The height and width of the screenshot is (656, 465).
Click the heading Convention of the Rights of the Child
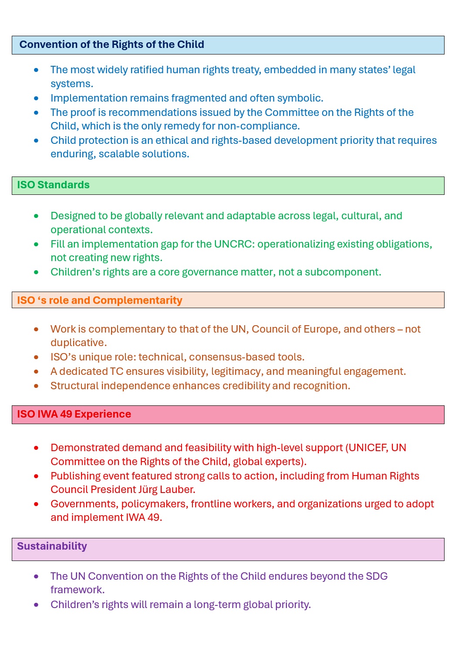(x=111, y=44)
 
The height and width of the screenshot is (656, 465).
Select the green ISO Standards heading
(x=53, y=185)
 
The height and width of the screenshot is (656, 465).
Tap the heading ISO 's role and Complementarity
(x=99, y=300)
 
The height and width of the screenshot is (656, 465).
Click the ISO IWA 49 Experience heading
(x=74, y=414)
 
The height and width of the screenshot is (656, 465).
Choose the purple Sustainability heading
(x=52, y=546)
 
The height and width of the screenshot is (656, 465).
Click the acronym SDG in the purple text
(x=377, y=576)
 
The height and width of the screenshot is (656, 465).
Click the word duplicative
(x=78, y=343)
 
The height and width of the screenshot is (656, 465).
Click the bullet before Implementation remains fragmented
(x=36, y=99)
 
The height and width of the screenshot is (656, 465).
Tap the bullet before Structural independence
(x=36, y=386)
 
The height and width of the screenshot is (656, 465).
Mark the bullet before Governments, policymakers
(x=36, y=504)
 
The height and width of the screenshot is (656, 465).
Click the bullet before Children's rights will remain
(x=36, y=605)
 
